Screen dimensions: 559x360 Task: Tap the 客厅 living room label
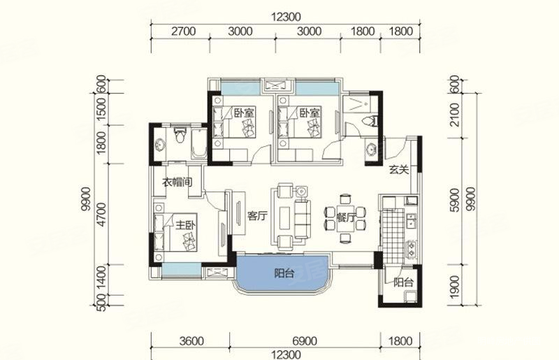coord(257,216)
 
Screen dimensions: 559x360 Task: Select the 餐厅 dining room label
coord(345,217)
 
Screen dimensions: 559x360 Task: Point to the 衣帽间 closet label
coord(177,182)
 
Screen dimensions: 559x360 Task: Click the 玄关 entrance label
coord(398,170)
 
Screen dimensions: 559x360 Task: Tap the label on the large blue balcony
coord(284,273)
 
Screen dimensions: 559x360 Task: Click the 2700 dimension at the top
coord(183,31)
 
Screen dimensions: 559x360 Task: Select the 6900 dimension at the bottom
coord(304,341)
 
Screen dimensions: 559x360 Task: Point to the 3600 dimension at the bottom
coord(191,341)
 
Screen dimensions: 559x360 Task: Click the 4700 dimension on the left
coord(101,214)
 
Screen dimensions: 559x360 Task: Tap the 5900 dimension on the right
coord(455,200)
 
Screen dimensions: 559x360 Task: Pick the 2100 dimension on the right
coord(455,115)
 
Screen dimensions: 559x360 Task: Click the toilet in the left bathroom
coord(180,135)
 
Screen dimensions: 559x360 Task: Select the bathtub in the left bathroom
coord(199,143)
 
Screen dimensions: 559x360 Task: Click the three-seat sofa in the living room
coord(302,220)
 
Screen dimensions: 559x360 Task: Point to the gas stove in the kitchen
coord(411,249)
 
